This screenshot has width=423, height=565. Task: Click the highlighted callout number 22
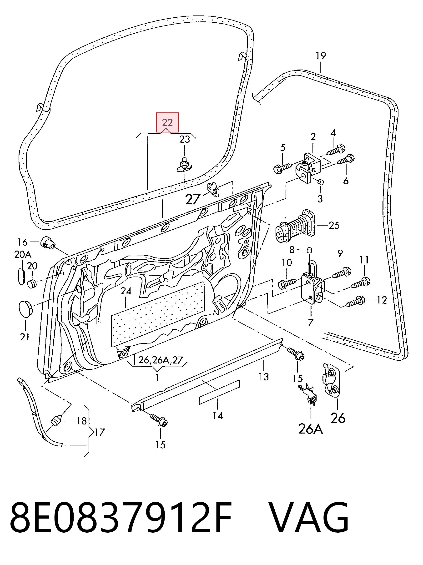coord(167,123)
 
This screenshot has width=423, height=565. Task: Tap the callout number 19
coord(321,56)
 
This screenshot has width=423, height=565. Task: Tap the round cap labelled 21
coord(25,308)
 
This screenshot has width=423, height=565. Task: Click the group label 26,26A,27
coord(161,360)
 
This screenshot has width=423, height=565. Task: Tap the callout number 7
coord(310,322)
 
